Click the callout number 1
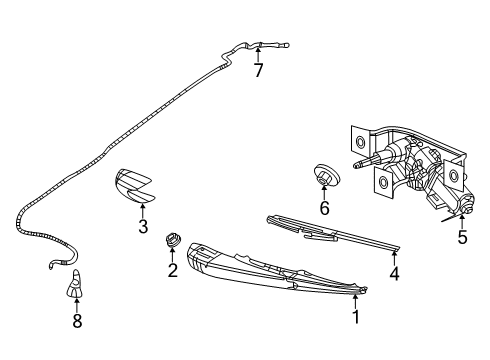[x=353, y=317]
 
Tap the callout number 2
[x=172, y=269]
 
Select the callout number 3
[x=143, y=227]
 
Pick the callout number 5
[x=462, y=237]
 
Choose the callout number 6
[x=324, y=208]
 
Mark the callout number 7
[x=258, y=71]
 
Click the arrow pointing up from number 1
[x=353, y=299]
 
